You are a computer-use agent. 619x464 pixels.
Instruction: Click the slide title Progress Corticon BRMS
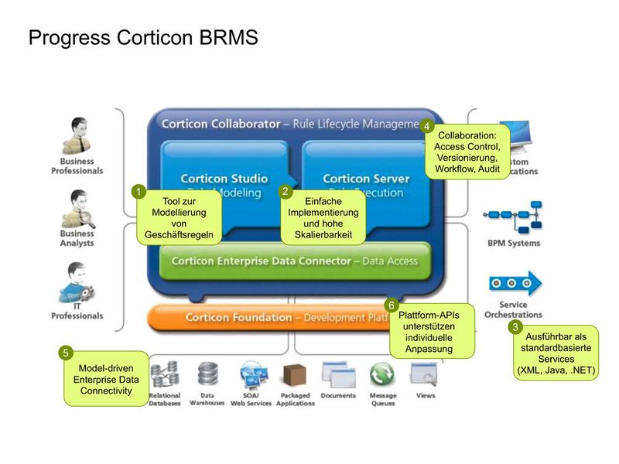(143, 37)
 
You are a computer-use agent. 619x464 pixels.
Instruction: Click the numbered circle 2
(285, 191)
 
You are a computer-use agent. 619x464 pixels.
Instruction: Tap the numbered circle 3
(515, 326)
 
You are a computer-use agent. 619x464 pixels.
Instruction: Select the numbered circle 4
(426, 126)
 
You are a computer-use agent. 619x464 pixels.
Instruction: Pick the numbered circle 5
(66, 353)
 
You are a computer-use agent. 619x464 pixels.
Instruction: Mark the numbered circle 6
(392, 305)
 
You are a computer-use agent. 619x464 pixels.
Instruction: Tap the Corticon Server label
(366, 179)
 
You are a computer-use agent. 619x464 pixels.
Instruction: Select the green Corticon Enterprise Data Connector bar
(294, 261)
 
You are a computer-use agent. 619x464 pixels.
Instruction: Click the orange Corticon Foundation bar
(271, 317)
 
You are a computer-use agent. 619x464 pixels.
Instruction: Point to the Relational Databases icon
(164, 375)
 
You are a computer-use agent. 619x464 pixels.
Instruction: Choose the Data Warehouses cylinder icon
(207, 374)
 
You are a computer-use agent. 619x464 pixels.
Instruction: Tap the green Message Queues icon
(382, 375)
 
